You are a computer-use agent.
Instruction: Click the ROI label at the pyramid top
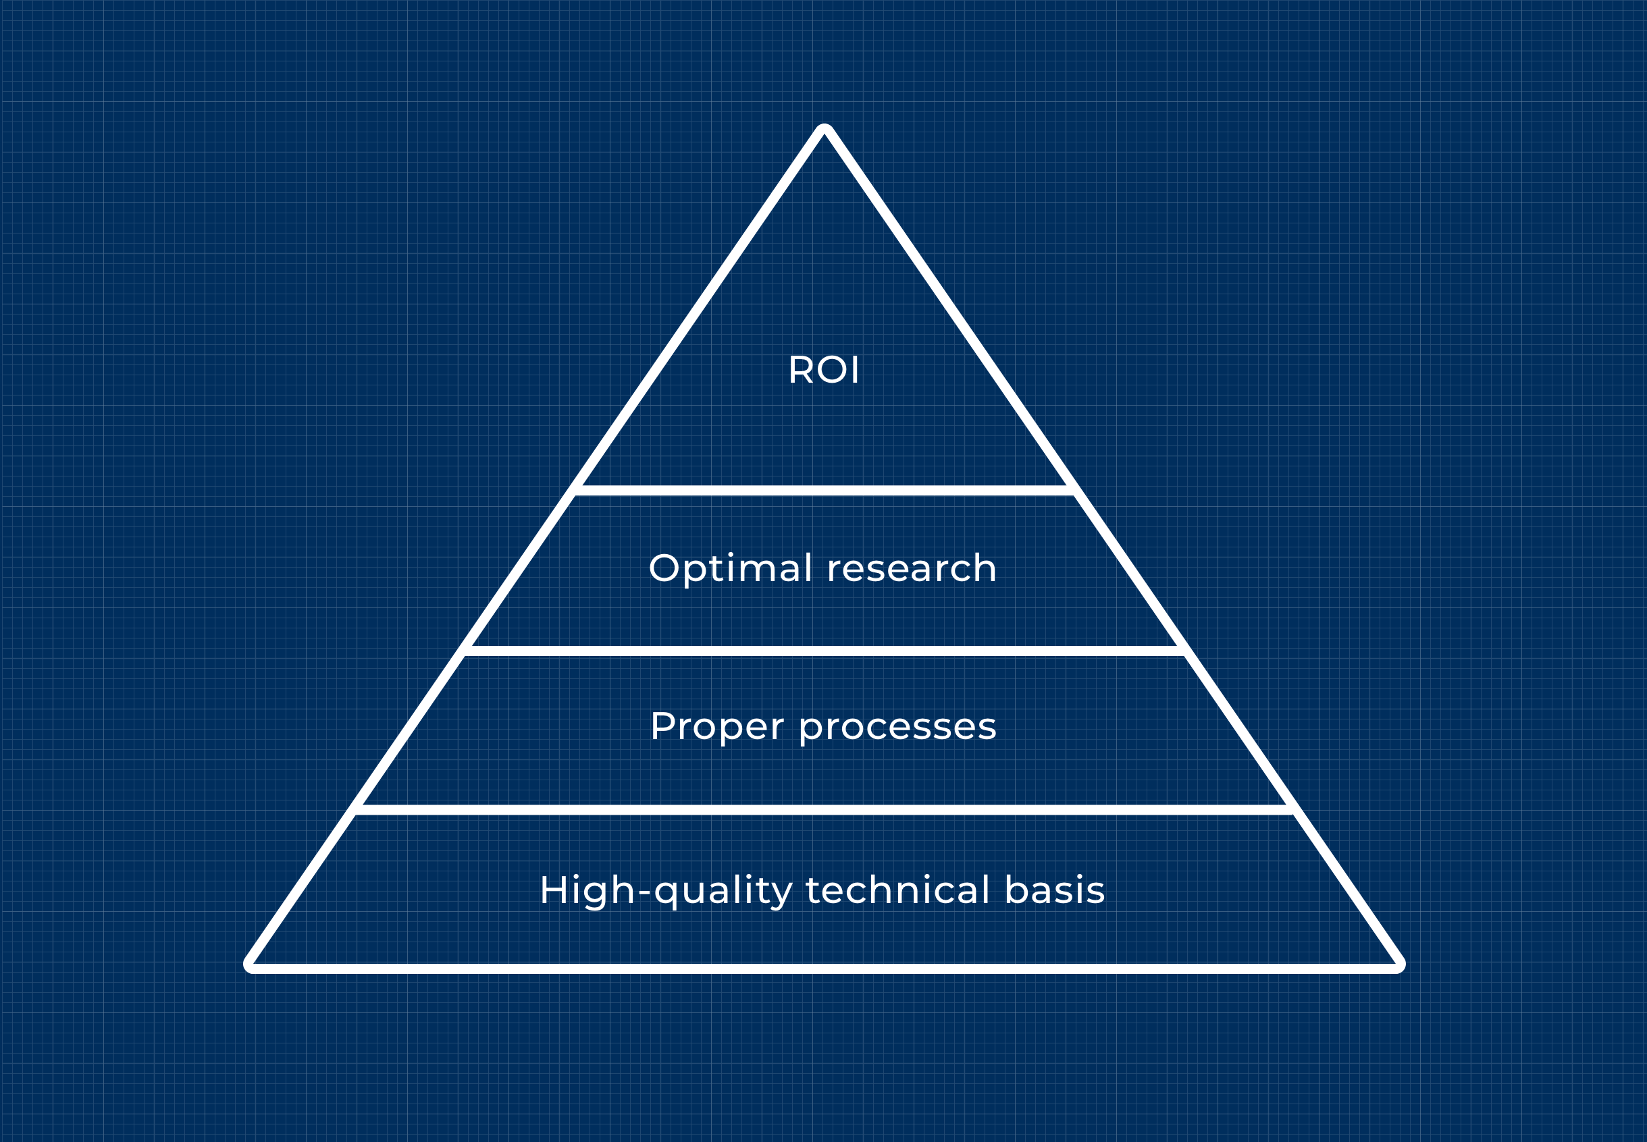tap(823, 370)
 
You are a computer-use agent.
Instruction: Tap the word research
tap(911, 569)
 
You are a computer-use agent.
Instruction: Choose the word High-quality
tap(666, 891)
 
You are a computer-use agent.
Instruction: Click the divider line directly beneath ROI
tap(824, 490)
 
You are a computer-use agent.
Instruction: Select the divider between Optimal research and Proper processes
tap(824, 651)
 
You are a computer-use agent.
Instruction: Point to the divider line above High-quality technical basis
tap(824, 810)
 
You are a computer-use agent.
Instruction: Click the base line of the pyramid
tap(824, 969)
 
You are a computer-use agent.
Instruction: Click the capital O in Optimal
tap(664, 568)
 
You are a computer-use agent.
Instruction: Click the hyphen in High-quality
tap(644, 893)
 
